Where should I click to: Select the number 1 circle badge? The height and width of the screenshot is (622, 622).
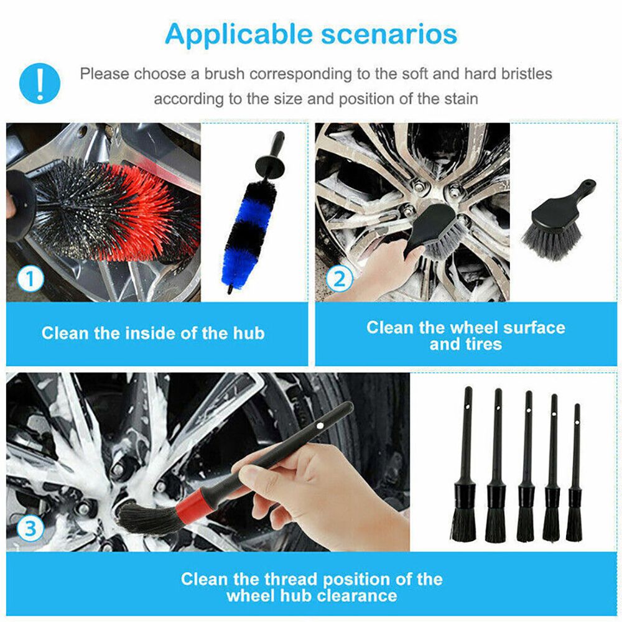[x=30, y=279]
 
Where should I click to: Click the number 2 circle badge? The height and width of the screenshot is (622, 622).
[x=339, y=279]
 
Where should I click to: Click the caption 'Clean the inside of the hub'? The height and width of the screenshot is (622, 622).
[x=153, y=333]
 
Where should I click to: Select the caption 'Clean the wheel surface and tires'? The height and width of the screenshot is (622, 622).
[x=465, y=335]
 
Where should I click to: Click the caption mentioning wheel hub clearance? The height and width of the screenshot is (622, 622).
[x=311, y=587]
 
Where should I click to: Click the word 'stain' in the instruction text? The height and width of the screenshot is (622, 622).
[x=459, y=98]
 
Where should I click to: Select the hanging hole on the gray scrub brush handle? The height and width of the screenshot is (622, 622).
[x=587, y=184]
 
